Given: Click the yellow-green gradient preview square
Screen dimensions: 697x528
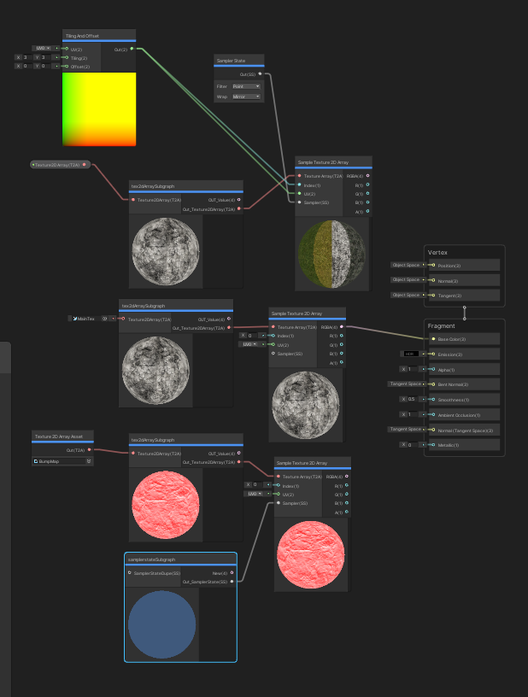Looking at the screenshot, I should point(98,108).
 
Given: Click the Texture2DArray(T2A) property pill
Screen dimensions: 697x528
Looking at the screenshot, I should point(59,164).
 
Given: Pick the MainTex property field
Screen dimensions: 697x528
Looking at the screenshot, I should point(85,319).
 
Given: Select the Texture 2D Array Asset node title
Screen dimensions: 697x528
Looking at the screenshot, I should point(58,436).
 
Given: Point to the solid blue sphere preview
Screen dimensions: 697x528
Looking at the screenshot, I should point(162,618).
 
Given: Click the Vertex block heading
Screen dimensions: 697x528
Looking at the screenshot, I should point(437,253).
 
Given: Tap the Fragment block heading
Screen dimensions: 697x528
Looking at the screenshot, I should point(442,326).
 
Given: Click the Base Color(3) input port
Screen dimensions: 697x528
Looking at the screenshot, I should point(433,339).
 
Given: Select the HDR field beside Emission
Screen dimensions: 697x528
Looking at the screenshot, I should point(411,354).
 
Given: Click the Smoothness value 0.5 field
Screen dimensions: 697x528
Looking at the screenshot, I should point(414,399).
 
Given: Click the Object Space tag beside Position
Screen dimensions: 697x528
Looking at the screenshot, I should point(406,265).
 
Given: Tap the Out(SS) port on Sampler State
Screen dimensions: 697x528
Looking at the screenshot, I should point(260,74).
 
